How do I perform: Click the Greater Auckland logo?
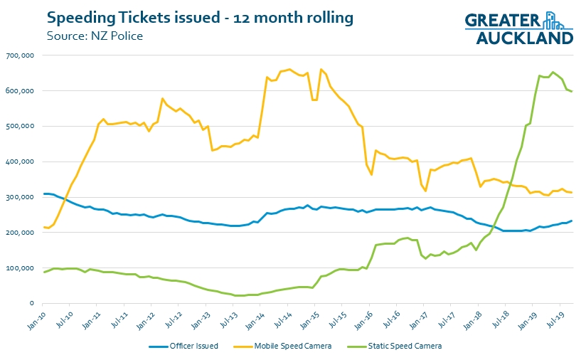tap(519, 28)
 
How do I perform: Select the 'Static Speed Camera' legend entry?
tap(407, 346)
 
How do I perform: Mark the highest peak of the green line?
tap(553, 72)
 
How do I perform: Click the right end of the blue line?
tap(572, 221)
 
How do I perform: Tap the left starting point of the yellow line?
tap(44, 227)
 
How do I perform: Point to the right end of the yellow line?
tap(572, 193)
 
